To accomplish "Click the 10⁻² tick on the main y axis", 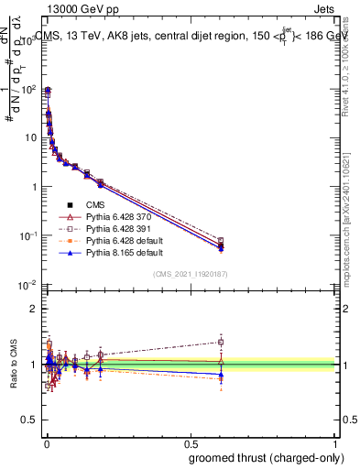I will [29, 285].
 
